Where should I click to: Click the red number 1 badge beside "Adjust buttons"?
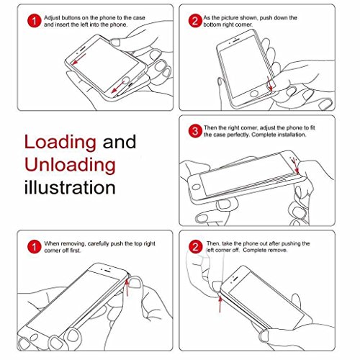[x=35, y=21]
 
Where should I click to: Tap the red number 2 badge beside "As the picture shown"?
[x=195, y=21]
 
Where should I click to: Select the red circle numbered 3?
[x=195, y=131]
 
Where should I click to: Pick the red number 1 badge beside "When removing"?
[x=35, y=246]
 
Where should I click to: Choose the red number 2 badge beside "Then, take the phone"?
[x=196, y=246]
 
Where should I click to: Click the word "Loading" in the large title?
[x=60, y=143]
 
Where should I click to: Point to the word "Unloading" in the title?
[x=70, y=165]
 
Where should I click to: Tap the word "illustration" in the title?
[x=70, y=187]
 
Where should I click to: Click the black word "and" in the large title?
[x=120, y=142]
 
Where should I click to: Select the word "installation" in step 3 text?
[x=292, y=135]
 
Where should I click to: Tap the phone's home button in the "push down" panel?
[x=254, y=94]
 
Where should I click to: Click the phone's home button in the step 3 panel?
[x=196, y=186]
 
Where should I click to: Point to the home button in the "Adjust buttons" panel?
[x=125, y=81]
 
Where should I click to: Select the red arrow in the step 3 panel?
[x=294, y=166]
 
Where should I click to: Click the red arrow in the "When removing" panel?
[x=127, y=287]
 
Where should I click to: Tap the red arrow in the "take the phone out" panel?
[x=220, y=305]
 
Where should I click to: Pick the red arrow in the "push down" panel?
[x=270, y=84]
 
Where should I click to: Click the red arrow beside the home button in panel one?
[x=118, y=87]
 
